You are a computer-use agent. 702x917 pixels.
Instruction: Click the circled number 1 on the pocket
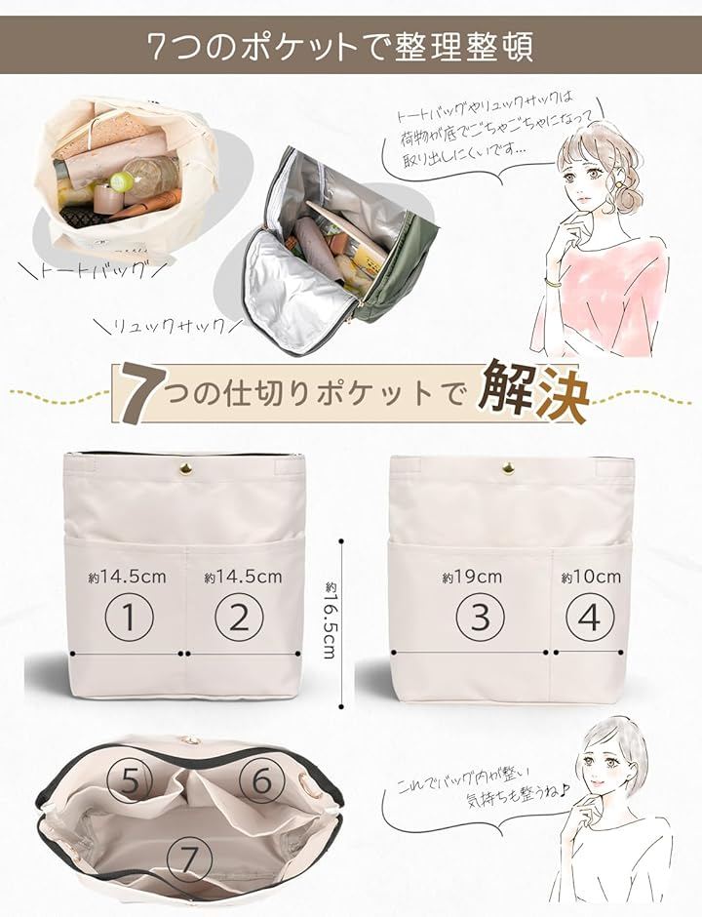tap(129, 617)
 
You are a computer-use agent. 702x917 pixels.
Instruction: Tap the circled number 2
tap(239, 617)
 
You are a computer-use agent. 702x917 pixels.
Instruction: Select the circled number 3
tap(480, 617)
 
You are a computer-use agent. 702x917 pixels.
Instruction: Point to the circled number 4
tap(590, 617)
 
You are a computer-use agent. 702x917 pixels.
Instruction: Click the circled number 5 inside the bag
tap(131, 780)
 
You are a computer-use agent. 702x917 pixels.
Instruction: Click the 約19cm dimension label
tap(472, 578)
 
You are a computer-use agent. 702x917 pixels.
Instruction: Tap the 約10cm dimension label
tap(591, 578)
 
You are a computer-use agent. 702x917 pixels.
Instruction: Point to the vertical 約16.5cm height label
tap(330, 619)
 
